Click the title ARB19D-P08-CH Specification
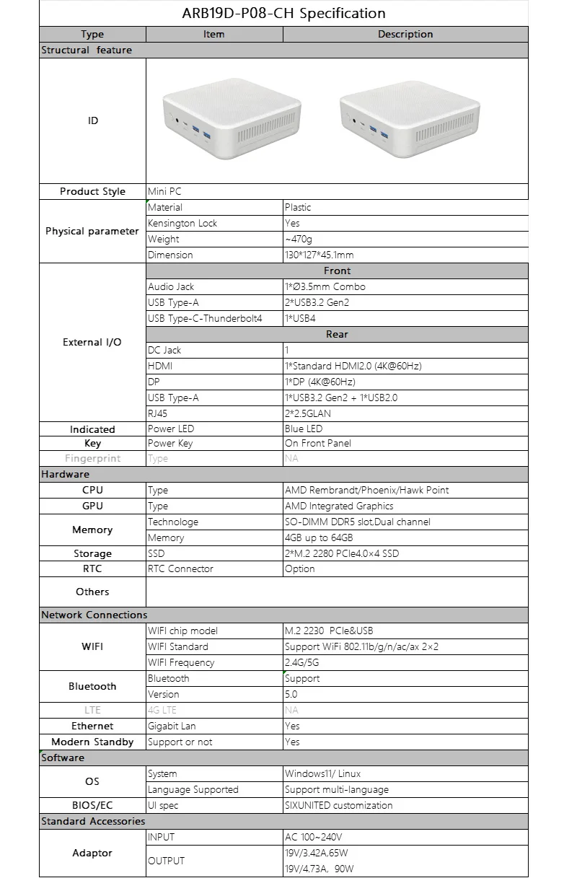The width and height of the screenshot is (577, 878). point(283,13)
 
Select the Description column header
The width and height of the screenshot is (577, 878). point(405,34)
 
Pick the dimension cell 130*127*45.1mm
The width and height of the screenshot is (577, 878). point(320,255)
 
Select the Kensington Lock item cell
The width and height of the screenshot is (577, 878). point(182,223)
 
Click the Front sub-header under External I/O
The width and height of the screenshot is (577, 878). point(337,271)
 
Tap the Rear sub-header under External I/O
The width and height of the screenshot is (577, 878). point(337,334)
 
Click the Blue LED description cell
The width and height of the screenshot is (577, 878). point(304,429)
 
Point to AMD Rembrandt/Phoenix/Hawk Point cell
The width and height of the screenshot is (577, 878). point(366,490)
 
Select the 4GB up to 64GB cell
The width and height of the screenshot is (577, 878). point(319,537)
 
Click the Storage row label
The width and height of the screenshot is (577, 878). point(92,553)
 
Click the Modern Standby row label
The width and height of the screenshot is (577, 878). point(92,742)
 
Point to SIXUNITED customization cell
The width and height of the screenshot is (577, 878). point(339,805)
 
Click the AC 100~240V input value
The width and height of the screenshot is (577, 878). point(313,837)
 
